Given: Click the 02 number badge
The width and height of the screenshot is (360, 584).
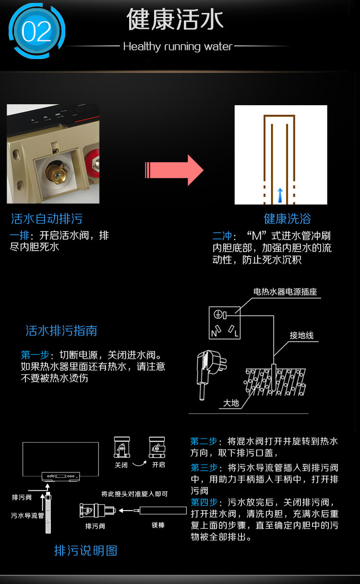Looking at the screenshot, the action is coord(36,31).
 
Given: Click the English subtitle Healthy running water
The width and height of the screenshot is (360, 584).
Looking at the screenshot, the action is coord(178,47).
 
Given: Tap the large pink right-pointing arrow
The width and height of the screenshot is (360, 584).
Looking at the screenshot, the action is coord(174,170).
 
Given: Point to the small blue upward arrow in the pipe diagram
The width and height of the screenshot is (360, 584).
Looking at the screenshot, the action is coord(280,195).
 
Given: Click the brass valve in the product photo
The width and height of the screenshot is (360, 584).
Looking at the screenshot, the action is coord(57,172).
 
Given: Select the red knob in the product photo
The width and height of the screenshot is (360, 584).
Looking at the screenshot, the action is coord(92,163).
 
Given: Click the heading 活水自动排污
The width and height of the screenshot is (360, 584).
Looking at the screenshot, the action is coord(47,219).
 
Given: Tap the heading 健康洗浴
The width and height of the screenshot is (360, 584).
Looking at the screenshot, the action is coord(288,219).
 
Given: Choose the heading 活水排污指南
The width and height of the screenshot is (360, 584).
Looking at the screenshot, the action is coord(61,330).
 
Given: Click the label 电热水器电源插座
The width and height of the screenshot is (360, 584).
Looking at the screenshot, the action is coord(285,292).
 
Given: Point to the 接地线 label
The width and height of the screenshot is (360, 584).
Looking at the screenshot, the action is coord(301,335).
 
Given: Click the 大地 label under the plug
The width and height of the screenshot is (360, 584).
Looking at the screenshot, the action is coord(231,403).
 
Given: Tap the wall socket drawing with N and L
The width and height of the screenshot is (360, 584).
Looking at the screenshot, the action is coord(225,323).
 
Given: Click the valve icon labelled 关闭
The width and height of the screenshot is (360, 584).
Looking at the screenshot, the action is coord(121,447).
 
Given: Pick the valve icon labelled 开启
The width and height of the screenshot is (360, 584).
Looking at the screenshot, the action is coord(157,447).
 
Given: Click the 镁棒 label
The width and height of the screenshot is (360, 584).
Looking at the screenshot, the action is coord(158,525).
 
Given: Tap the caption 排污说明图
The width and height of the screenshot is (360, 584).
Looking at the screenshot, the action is coord(86,551).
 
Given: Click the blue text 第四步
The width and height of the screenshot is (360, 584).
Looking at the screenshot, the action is coord(204,502).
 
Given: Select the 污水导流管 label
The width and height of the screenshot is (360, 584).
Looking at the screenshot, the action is coord(27,515).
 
